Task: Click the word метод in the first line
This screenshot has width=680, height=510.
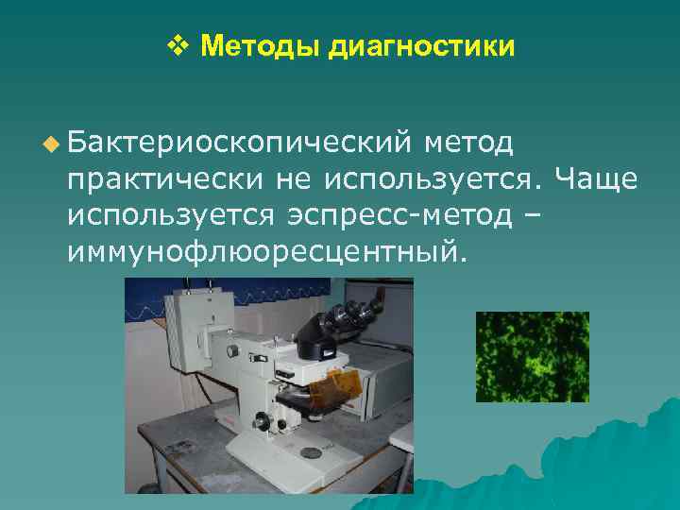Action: [469, 144]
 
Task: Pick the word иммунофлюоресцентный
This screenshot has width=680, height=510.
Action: [267, 252]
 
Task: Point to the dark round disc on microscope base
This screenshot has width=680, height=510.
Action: [308, 452]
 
